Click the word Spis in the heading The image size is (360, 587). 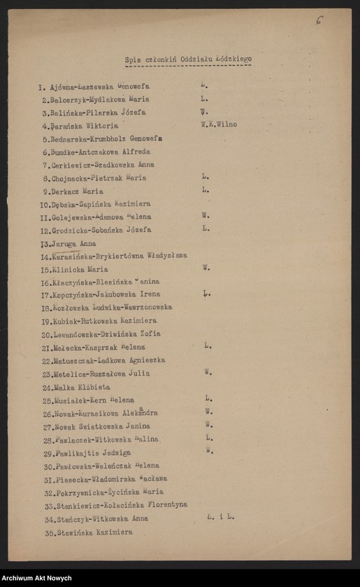point(133,60)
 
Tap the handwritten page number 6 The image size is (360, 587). point(319,20)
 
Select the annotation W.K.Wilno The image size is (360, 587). point(218,124)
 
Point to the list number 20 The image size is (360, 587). point(47,335)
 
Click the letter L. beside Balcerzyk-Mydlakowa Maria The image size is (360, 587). point(204,99)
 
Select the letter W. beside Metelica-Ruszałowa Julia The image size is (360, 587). point(208,372)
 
